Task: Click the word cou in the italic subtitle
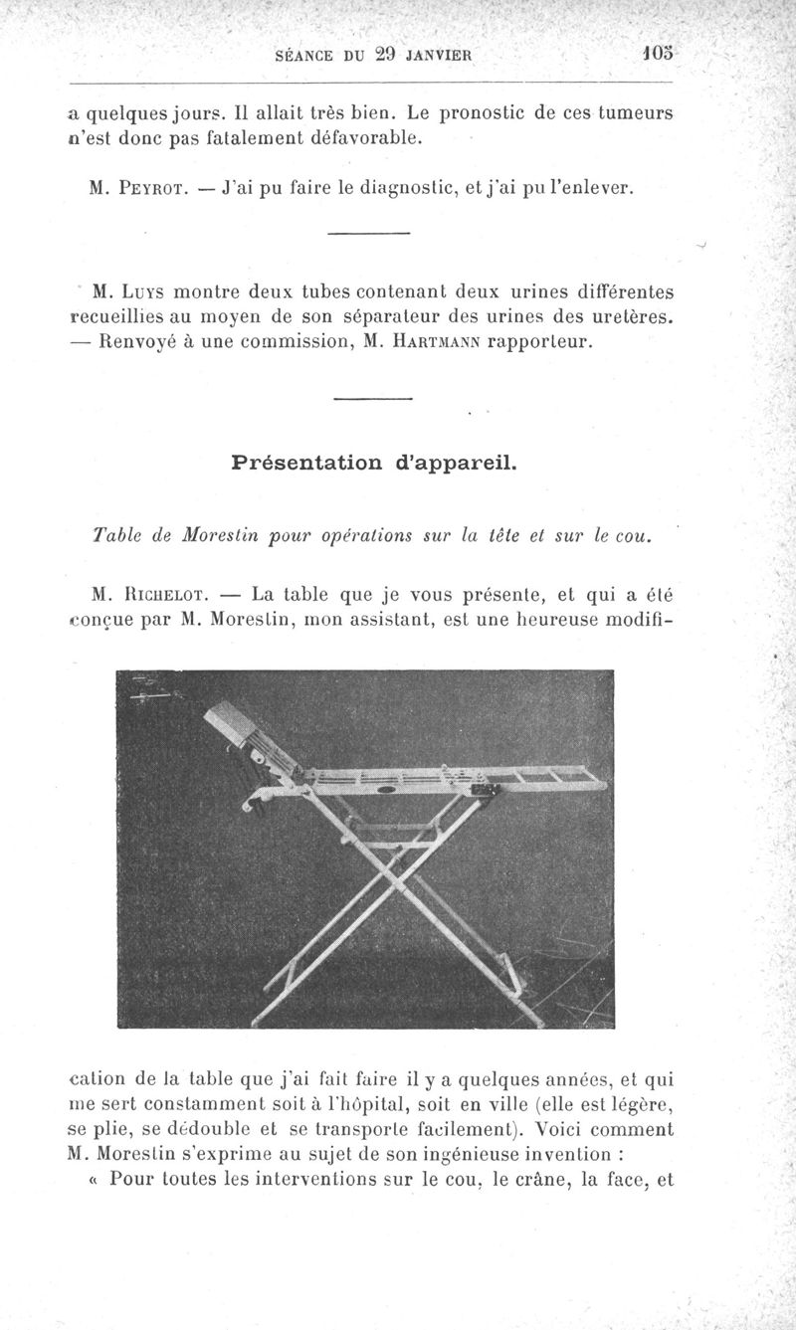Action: pyautogui.click(x=631, y=536)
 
